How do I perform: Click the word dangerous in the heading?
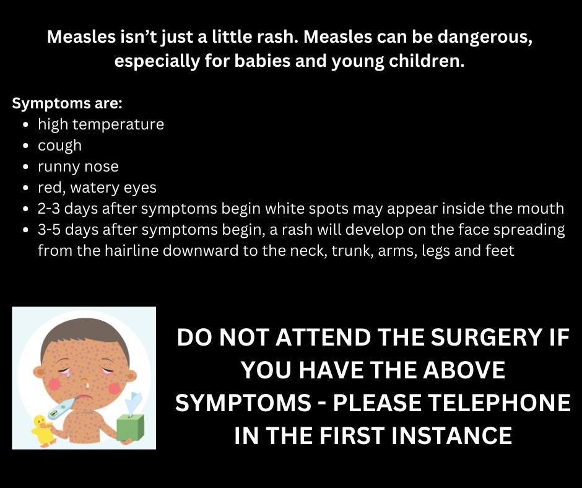pos(485,38)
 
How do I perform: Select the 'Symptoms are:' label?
pos(67,103)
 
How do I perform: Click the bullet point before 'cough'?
pos(25,146)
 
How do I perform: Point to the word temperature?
pos(118,124)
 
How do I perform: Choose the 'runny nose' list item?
pos(78,167)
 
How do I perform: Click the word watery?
pos(95,188)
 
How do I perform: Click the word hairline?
pos(131,251)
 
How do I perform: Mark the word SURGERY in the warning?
pos(486,338)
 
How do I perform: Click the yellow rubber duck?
pos(44,430)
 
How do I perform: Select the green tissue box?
pos(130,427)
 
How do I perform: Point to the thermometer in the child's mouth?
pos(63,407)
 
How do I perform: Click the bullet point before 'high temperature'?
pos(25,124)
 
